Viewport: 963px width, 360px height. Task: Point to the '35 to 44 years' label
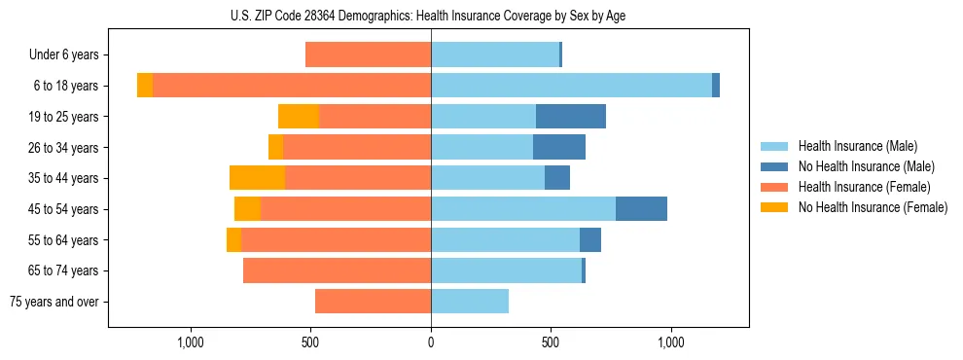(x=63, y=178)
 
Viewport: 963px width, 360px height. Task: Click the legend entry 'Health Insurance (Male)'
(x=857, y=146)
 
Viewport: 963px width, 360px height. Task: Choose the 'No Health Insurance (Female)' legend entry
(x=873, y=207)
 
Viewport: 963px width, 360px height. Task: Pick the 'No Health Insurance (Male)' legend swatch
(x=773, y=166)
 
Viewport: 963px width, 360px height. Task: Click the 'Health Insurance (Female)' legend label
(x=865, y=187)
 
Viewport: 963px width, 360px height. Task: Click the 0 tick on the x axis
(x=431, y=342)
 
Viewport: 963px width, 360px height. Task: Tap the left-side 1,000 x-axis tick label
(x=191, y=342)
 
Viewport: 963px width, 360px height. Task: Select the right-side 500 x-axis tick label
(x=551, y=342)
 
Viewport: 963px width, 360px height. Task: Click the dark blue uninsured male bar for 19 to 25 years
(x=571, y=117)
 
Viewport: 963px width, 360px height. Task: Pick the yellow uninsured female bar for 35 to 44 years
(x=257, y=178)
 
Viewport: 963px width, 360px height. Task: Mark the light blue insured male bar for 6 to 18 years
(x=571, y=86)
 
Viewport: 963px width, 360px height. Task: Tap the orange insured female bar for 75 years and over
(x=373, y=302)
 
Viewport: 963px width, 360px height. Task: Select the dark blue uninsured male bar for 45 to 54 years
(x=641, y=209)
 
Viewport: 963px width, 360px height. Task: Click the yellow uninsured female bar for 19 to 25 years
(x=298, y=117)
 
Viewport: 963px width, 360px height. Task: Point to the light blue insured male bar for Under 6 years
(x=495, y=55)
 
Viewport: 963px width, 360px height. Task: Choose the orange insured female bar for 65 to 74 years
(x=337, y=270)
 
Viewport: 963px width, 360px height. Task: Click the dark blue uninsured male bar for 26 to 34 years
(x=559, y=148)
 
